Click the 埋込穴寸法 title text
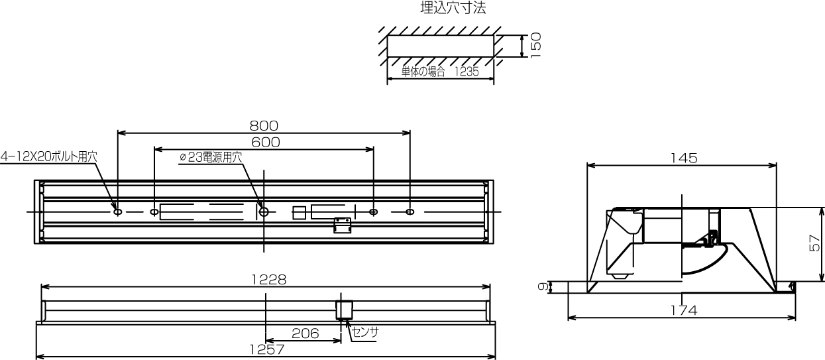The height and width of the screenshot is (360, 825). pos(453,8)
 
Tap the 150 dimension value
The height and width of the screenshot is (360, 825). pos(536,45)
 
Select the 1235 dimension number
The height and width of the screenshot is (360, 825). pos(467,72)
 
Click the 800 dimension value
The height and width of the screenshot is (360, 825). pos(264,126)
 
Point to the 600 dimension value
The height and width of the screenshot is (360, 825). pos(266,143)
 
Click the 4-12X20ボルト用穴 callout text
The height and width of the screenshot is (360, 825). pos(49,156)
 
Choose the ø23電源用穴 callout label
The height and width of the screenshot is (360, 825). pos(211,157)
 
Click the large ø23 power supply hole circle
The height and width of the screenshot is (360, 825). pos(264,212)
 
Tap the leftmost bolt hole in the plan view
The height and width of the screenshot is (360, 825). pos(118,212)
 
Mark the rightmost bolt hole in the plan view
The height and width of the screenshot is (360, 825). pos(410,212)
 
